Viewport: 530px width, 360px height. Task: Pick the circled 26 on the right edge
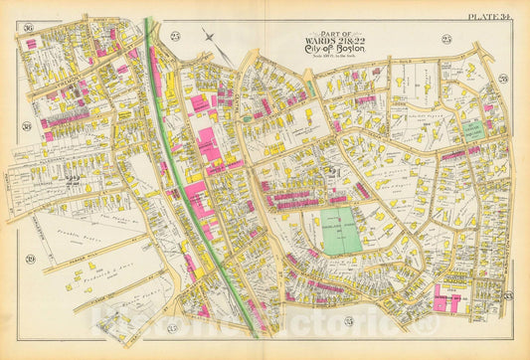click(x=504, y=78)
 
